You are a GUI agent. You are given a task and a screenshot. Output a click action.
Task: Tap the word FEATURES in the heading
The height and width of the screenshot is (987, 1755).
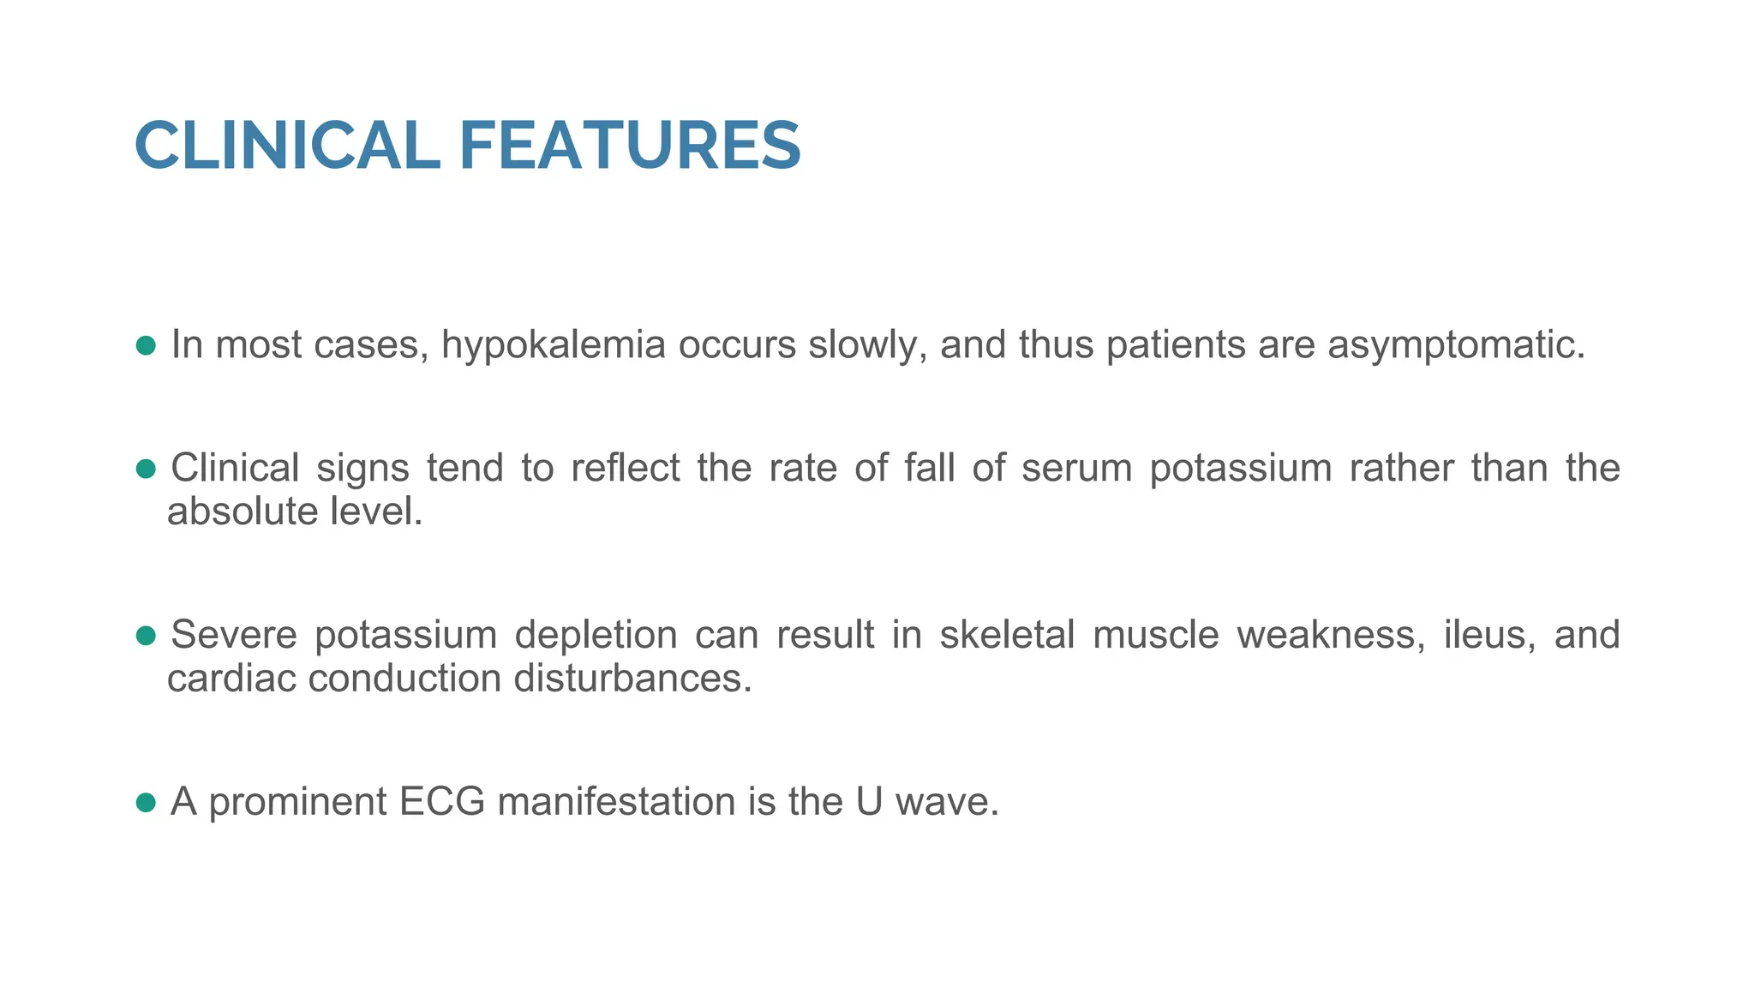[x=630, y=146]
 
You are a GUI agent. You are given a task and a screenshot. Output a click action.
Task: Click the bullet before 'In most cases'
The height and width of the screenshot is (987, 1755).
[x=146, y=345]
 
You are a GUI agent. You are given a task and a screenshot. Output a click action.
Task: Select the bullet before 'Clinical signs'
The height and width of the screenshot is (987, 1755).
[x=146, y=469]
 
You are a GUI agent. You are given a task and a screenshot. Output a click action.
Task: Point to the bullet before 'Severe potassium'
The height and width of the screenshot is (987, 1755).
[x=146, y=635]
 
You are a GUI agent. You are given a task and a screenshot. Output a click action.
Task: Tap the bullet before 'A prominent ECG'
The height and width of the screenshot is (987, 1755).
[x=146, y=802]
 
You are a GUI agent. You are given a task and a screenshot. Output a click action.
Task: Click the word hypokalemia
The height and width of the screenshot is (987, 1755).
[x=553, y=345]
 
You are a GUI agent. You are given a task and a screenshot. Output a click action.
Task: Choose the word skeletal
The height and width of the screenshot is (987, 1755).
[x=1007, y=635]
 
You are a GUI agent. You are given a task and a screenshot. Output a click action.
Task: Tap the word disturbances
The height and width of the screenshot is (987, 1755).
[x=632, y=679]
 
